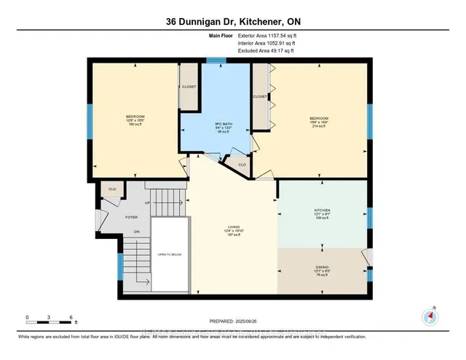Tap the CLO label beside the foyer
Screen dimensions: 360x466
point(112,189)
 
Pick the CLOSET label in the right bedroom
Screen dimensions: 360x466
point(260,96)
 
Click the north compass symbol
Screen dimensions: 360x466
point(430,316)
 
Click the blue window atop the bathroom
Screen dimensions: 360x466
point(215,60)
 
